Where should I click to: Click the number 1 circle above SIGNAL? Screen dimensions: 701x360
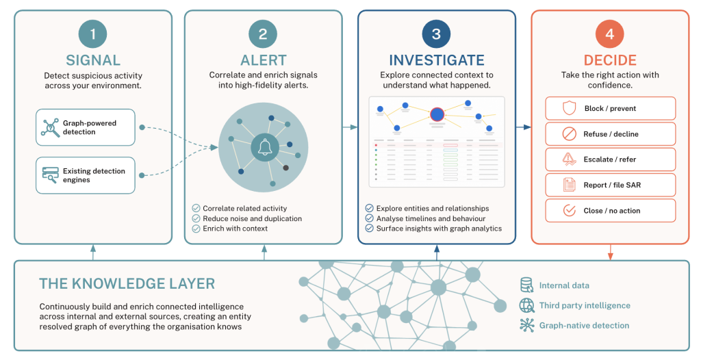coord(92,34)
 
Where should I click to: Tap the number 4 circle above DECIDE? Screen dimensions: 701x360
coord(610,34)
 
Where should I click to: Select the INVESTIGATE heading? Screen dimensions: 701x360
coord(436,60)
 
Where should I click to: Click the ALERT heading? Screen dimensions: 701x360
coord(264,60)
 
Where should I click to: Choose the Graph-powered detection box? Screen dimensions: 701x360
coord(86,127)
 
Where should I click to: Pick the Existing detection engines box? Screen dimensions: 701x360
coord(86,175)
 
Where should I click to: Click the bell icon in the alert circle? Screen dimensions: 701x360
coord(265,147)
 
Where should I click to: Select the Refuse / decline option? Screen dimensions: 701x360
coord(610,133)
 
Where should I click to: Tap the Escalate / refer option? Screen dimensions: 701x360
coord(610,159)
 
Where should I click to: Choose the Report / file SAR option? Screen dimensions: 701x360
coord(610,185)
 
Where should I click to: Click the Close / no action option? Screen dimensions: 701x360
coord(610,210)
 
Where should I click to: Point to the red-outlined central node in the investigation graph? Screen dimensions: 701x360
coord(437,114)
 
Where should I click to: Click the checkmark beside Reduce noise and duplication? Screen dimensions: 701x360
coord(196,218)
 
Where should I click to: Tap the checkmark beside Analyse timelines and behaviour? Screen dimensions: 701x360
coord(369,218)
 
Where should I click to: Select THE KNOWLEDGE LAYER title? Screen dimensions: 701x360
coord(127,283)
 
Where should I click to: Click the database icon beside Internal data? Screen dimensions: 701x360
coord(526,285)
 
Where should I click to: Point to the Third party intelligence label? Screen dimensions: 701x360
coord(585,305)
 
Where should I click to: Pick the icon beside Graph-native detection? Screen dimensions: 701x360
coord(527,325)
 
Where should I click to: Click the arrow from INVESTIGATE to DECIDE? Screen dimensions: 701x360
coord(524,127)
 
